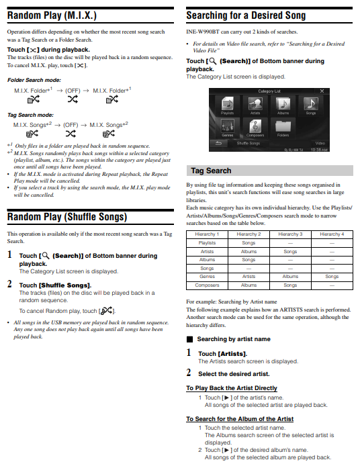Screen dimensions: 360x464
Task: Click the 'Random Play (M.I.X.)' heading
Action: (52, 15)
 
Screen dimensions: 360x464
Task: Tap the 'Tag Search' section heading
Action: (211, 171)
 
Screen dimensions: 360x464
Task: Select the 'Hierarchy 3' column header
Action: (290, 234)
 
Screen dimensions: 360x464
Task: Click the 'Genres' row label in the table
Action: (207, 277)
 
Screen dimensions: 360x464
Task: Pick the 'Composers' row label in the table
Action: (207, 285)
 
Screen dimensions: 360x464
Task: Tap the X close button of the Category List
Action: (322, 91)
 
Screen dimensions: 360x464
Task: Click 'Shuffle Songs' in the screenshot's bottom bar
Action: (248, 143)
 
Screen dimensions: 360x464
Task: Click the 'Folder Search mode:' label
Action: (34, 80)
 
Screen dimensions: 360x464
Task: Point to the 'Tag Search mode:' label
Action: (30, 115)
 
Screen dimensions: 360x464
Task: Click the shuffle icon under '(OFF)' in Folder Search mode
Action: (73, 99)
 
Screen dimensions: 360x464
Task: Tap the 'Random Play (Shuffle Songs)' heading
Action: (67, 217)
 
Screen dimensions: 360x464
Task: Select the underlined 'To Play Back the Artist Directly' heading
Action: (232, 388)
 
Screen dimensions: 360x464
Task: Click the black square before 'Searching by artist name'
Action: (190, 339)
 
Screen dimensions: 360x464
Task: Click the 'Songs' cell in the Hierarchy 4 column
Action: (332, 277)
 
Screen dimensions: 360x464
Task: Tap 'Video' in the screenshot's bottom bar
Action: (320, 143)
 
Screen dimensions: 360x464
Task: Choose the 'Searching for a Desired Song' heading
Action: (246, 15)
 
